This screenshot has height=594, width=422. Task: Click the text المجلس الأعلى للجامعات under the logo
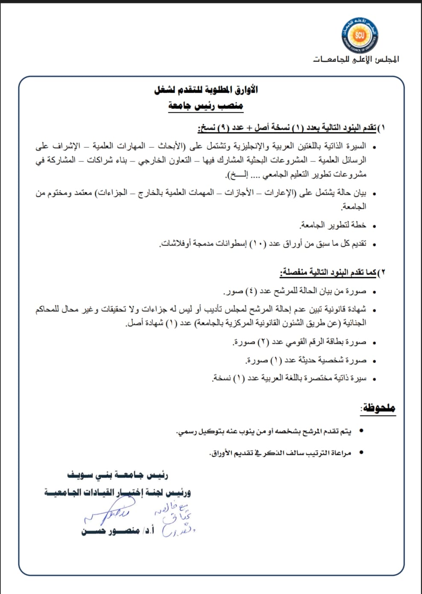[x=356, y=59]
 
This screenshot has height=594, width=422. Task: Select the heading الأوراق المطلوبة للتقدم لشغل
[x=206, y=90]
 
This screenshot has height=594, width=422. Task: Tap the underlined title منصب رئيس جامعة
[x=205, y=105]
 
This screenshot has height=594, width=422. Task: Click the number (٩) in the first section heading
[x=223, y=128]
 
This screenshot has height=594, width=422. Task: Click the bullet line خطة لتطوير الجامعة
[x=333, y=225]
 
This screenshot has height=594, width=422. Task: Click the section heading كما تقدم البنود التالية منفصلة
[x=328, y=272]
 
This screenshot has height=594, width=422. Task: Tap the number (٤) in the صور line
[x=251, y=291]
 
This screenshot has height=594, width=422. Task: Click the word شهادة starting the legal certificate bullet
[x=356, y=309]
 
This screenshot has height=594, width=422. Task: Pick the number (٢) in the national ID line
[x=264, y=342]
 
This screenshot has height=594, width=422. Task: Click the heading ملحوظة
[x=378, y=408]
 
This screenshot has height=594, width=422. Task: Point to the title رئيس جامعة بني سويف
[x=118, y=475]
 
